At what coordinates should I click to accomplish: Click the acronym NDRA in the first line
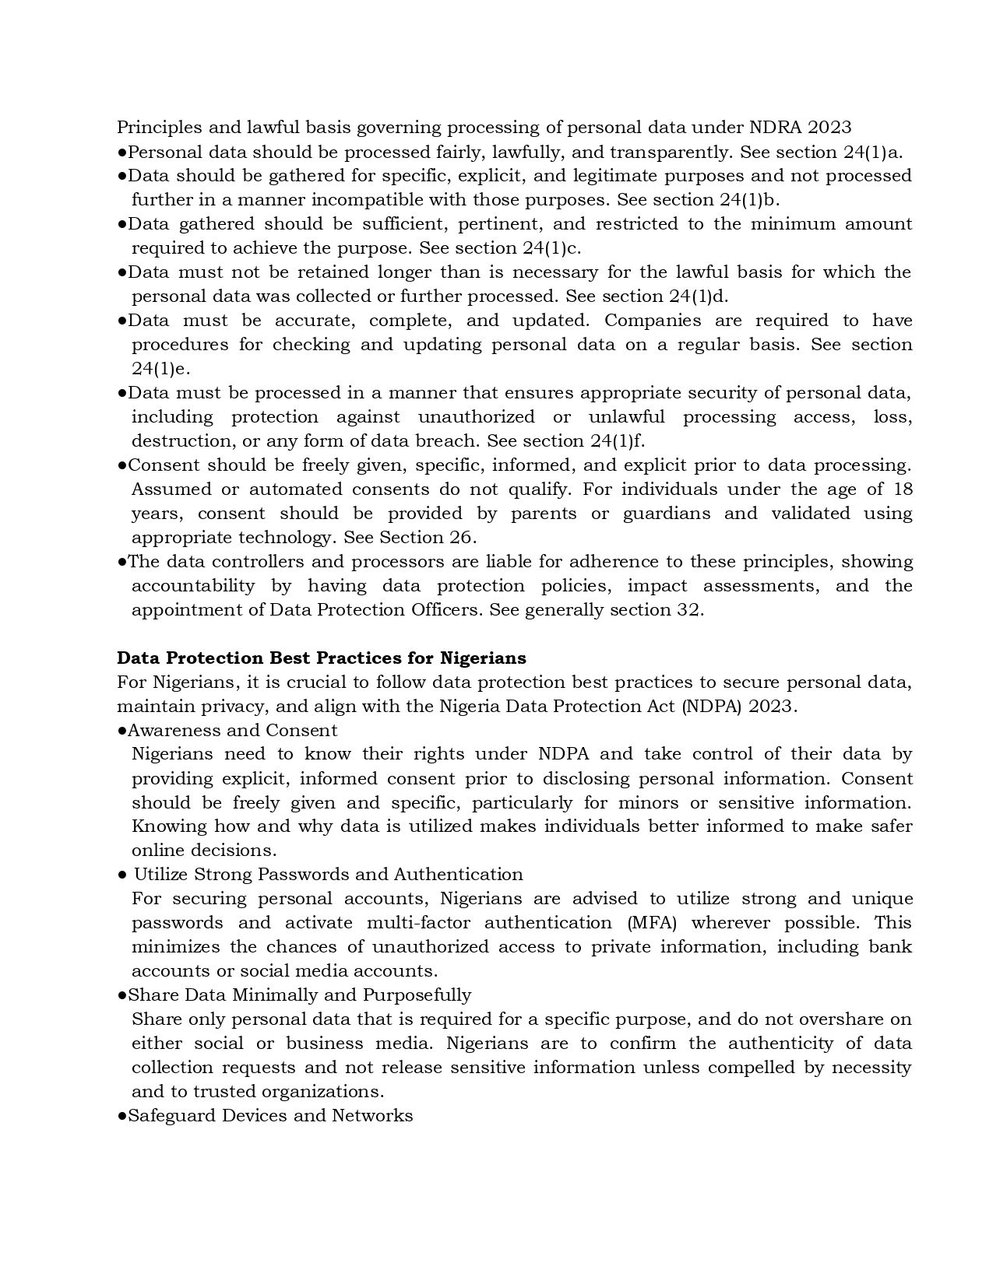[774, 127]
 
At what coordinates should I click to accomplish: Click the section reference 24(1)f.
[618, 441]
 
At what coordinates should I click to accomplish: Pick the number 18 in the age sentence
[903, 489]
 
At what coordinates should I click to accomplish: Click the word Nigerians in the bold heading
[483, 658]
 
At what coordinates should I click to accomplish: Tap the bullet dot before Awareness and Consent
[122, 731]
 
